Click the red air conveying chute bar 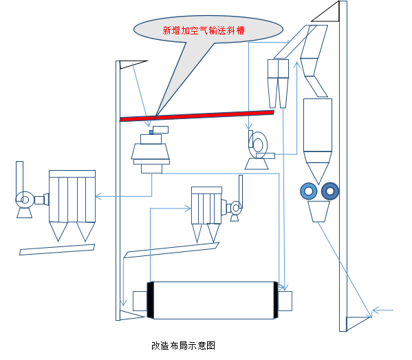pyautogui.click(x=197, y=116)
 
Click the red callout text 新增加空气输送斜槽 pyautogui.click(x=204, y=30)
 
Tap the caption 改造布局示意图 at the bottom pyautogui.click(x=183, y=346)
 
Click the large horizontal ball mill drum pyautogui.click(x=213, y=300)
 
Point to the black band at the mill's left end pyautogui.click(x=151, y=300)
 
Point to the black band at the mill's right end pyautogui.click(x=276, y=300)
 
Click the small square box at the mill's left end pyautogui.click(x=140, y=301)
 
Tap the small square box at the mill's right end pyautogui.click(x=285, y=301)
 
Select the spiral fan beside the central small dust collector pyautogui.click(x=236, y=208)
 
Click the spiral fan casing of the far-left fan pyautogui.click(x=24, y=200)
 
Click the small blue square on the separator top pyautogui.click(x=151, y=132)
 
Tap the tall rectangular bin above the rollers pyautogui.click(x=318, y=125)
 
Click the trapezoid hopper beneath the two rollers pyautogui.click(x=318, y=212)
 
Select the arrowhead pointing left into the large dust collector pyautogui.click(x=98, y=196)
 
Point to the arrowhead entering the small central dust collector pyautogui.click(x=188, y=209)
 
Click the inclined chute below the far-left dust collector pyautogui.click(x=57, y=250)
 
